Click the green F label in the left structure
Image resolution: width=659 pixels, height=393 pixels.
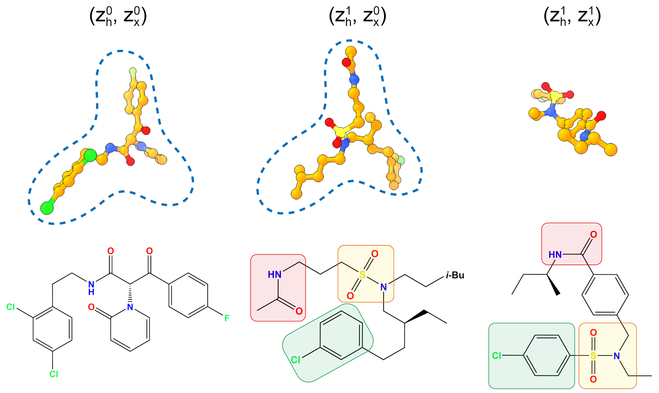pyautogui.click(x=227, y=318)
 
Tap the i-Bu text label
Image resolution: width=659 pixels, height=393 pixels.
pyautogui.click(x=455, y=275)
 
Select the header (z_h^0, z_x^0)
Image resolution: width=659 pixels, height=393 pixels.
pyautogui.click(x=118, y=17)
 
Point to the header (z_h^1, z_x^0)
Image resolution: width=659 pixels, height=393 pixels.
pyautogui.click(x=357, y=17)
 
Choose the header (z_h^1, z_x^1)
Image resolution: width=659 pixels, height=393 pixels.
pyautogui.click(x=572, y=17)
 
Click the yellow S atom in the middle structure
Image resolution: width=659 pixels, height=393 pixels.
pyautogui.click(x=362, y=275)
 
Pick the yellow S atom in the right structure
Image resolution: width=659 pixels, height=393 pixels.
pyautogui.click(x=593, y=356)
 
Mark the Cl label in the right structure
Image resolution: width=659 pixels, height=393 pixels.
pyautogui.click(x=497, y=356)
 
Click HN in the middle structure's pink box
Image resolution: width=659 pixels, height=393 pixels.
pyautogui.click(x=275, y=274)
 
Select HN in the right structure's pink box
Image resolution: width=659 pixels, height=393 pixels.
pyautogui.click(x=555, y=254)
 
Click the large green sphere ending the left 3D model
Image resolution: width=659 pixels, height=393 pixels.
pyautogui.click(x=47, y=208)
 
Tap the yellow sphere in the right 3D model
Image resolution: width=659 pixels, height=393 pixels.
pyautogui.click(x=554, y=96)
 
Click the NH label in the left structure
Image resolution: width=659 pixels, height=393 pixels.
pyautogui.click(x=92, y=287)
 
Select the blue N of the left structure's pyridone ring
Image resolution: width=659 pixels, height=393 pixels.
pyautogui.click(x=130, y=307)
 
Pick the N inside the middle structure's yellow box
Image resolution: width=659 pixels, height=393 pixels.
pyautogui.click(x=383, y=287)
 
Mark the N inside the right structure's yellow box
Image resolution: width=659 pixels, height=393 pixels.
pyautogui.click(x=616, y=356)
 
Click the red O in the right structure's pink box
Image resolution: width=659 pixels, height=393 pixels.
pyautogui.click(x=593, y=235)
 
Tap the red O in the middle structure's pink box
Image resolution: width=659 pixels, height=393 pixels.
pyautogui.click(x=299, y=311)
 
